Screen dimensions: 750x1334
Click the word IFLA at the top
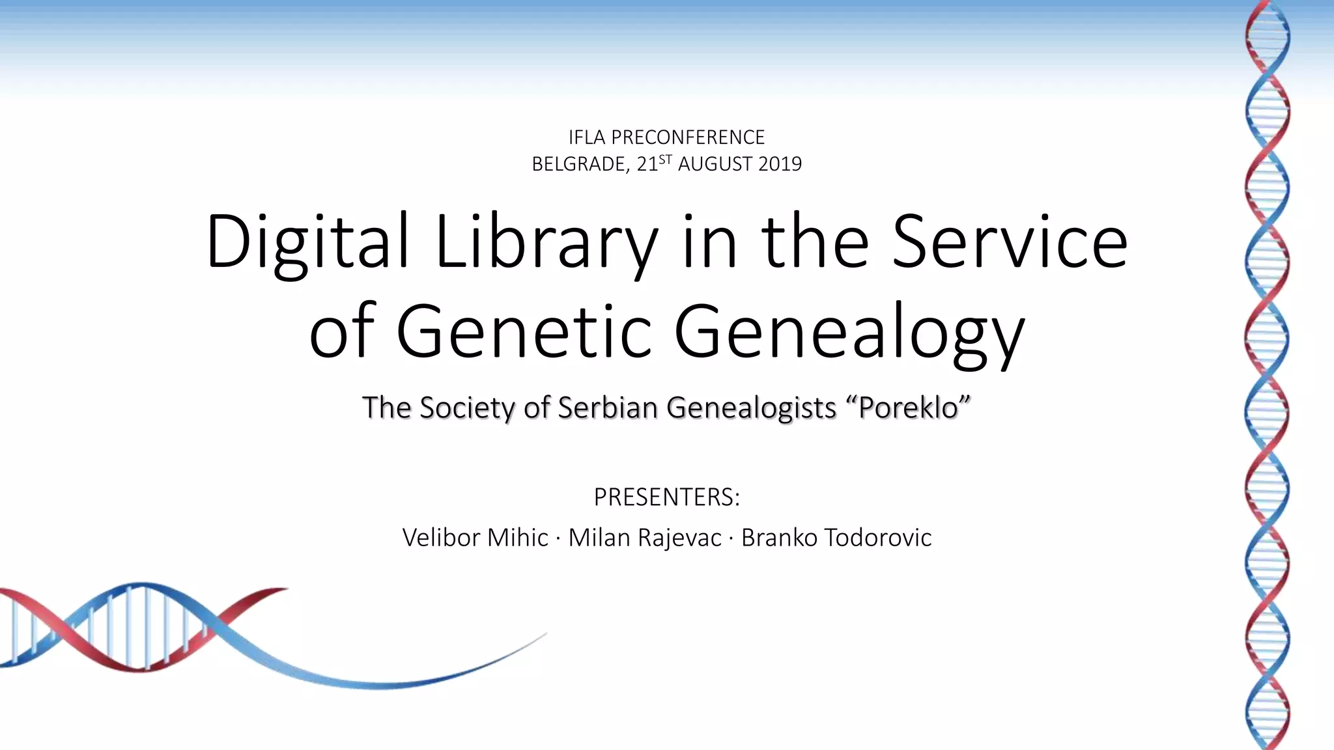pyautogui.click(x=587, y=137)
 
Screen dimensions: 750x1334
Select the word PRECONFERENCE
pyautogui.click(x=688, y=137)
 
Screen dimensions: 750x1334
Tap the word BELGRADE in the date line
pyautogui.click(x=580, y=164)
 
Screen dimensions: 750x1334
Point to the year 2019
pyautogui.click(x=780, y=164)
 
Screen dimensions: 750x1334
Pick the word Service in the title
pyautogui.click(x=1010, y=242)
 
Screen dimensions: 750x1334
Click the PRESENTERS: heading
pyautogui.click(x=666, y=497)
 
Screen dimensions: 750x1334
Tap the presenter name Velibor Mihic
pyautogui.click(x=475, y=538)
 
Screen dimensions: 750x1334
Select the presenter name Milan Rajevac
pyautogui.click(x=645, y=538)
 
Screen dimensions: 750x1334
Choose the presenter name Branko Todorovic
pyautogui.click(x=836, y=538)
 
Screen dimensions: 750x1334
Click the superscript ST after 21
pyautogui.click(x=665, y=159)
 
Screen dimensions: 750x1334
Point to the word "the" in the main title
pyautogui.click(x=815, y=242)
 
